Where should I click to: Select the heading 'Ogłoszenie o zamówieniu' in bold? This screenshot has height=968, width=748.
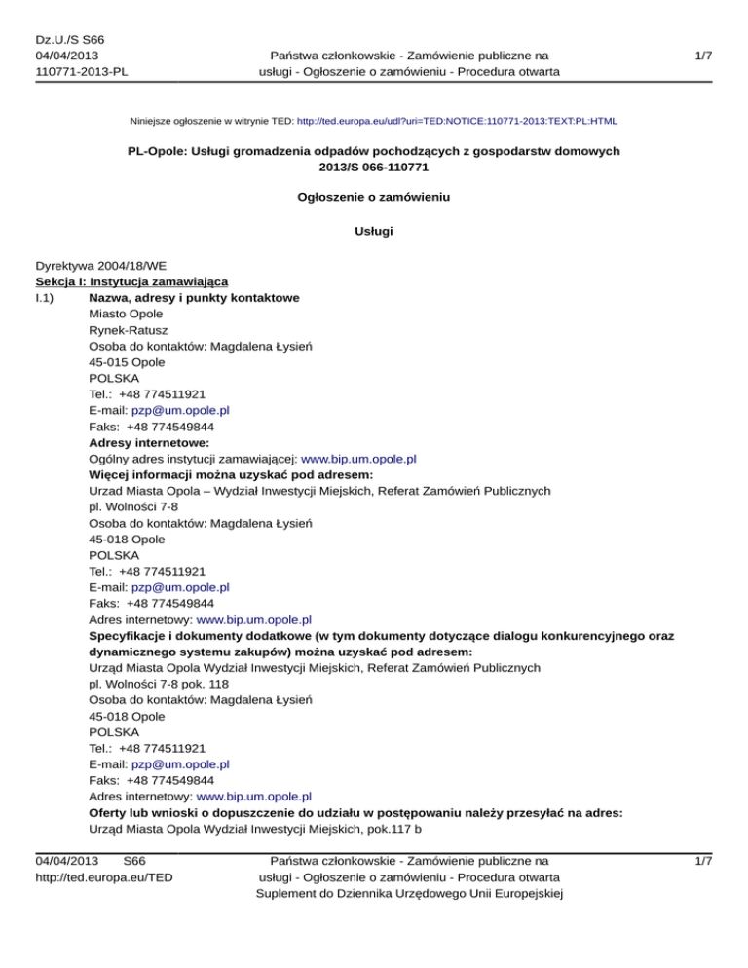point(374,196)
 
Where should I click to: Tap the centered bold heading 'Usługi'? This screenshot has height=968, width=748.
point(374,233)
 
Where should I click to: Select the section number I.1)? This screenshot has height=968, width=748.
point(48,297)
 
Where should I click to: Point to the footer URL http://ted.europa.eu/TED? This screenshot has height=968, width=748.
point(104,876)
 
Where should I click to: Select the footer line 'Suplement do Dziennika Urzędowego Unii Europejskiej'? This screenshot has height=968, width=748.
point(408,893)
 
